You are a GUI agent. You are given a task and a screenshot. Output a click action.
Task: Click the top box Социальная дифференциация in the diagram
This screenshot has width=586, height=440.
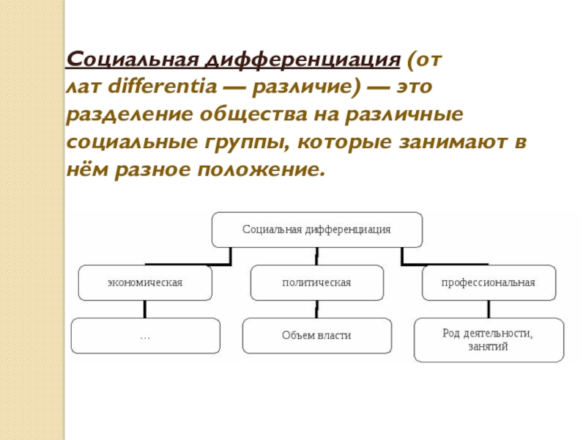point(316,230)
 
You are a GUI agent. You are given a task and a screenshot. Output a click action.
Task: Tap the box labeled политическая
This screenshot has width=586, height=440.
point(316,282)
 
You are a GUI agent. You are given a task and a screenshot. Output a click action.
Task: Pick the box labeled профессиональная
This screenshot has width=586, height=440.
point(489,282)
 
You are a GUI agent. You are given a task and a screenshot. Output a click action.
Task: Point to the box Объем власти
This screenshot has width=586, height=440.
point(316,336)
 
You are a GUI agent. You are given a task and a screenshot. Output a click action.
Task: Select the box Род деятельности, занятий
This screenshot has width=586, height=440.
point(489,340)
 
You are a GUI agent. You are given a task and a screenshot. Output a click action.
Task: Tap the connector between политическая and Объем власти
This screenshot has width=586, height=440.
point(316,309)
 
